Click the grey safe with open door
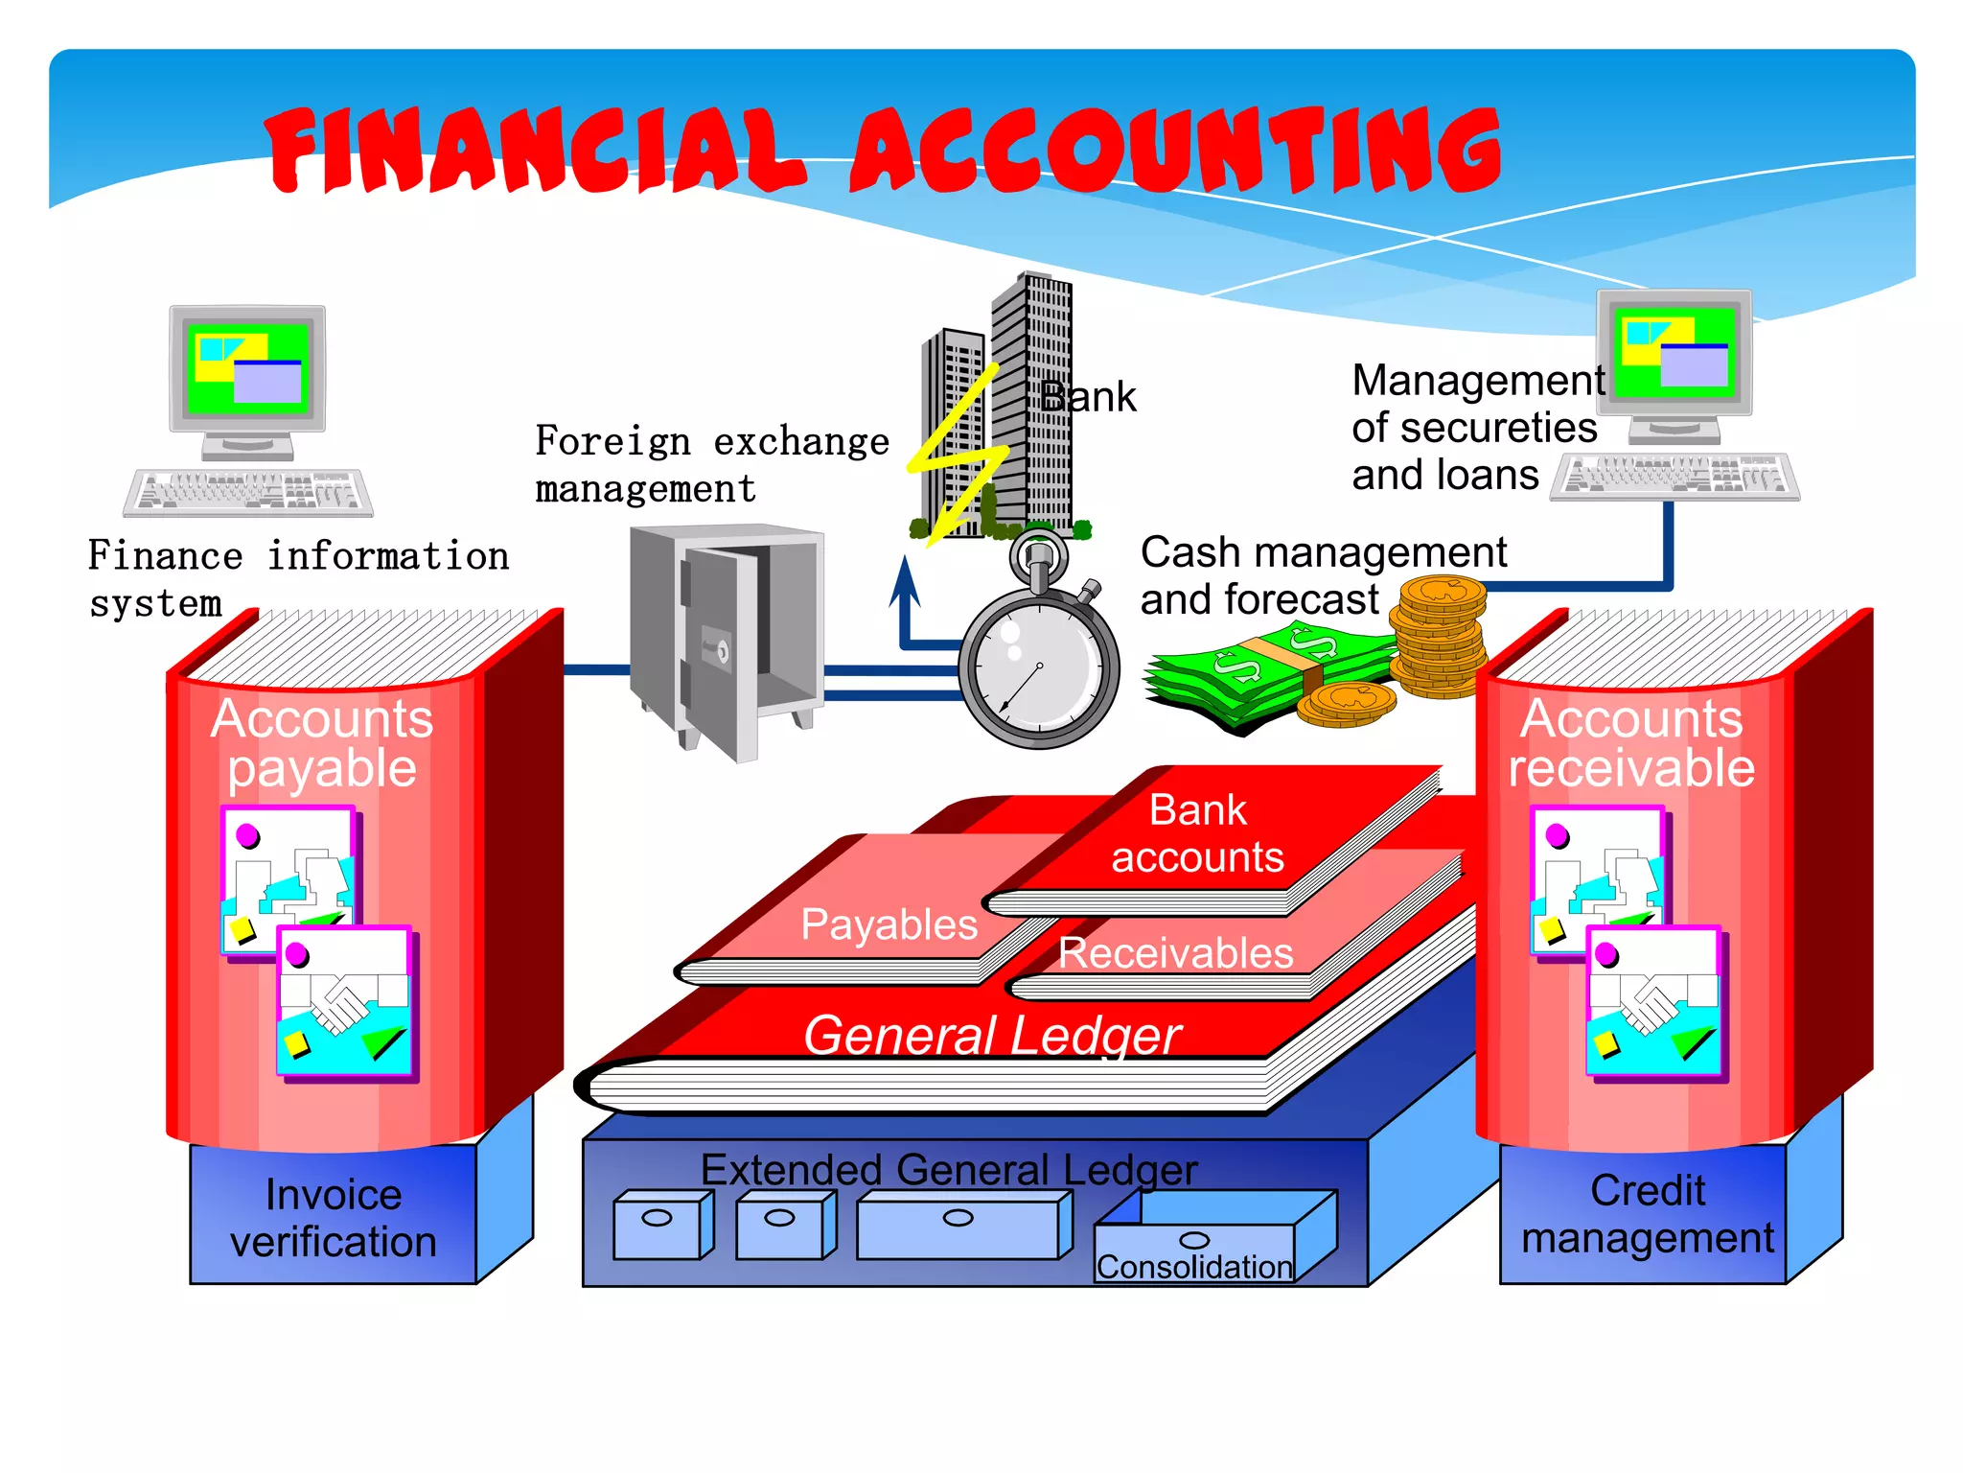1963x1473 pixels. (727, 638)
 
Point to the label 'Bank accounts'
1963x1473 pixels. (1198, 833)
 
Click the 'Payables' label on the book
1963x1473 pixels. (889, 924)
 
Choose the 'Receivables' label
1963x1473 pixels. (1175, 953)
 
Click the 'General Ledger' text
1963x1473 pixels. (992, 1036)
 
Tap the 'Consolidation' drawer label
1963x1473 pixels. (1194, 1267)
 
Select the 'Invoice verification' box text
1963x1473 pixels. (333, 1218)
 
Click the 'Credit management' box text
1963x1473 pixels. (1648, 1214)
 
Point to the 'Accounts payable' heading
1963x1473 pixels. (322, 743)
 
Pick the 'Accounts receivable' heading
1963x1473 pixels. (1631, 743)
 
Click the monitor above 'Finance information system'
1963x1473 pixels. (248, 370)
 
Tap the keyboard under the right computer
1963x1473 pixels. (1674, 476)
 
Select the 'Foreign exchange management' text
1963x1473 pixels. (711, 464)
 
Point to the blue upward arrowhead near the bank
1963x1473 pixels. (904, 581)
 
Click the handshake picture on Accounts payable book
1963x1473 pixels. (346, 1002)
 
